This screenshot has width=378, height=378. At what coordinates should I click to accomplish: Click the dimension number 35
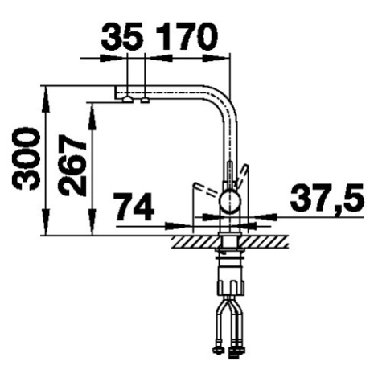pos(122,36)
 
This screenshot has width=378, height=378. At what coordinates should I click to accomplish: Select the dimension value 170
pos(187,36)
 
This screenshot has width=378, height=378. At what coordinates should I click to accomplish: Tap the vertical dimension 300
pos(26,159)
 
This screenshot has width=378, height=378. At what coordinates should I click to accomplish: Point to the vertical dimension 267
pos(72,165)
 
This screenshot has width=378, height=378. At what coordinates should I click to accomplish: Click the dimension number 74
pos(134,206)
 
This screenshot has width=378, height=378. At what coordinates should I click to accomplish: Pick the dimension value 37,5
pos(327,196)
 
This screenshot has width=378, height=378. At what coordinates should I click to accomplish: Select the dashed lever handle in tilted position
pos(207,189)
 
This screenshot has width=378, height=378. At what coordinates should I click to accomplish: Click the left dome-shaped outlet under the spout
pos(127,100)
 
